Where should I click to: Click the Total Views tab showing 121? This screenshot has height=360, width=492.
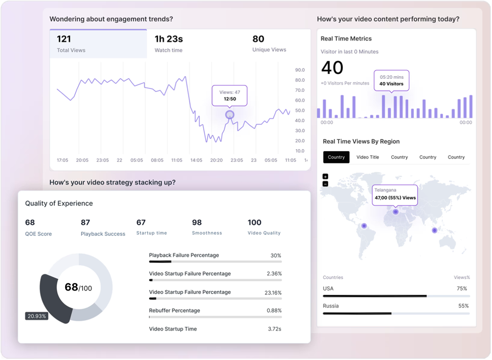coord(98,44)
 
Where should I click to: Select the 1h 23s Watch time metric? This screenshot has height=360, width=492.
coord(169,44)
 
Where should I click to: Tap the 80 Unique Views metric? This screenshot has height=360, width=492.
coord(269,44)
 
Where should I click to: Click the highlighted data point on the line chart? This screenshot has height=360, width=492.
coord(230,114)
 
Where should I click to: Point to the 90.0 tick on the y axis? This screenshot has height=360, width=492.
coord(300,70)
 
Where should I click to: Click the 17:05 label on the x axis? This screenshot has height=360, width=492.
coord(63,160)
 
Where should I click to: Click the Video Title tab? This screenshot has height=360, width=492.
coord(368,157)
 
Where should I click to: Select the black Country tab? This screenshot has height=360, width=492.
coord(336,157)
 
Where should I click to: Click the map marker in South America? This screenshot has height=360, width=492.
coord(364,226)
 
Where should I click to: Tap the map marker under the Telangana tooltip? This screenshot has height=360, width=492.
coord(396,212)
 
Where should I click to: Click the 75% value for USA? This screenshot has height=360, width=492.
coord(462,289)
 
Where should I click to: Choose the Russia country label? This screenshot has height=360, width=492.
coord(331,306)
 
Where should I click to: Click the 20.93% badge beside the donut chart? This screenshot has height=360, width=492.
coord(37,316)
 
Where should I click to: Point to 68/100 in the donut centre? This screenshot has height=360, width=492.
coord(78,287)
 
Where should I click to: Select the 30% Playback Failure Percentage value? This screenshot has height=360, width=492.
coord(276,256)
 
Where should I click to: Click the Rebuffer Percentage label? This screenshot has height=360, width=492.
coord(174,311)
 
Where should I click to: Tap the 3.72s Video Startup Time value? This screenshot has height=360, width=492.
coord(275,329)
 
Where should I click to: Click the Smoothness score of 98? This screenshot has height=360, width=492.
coord(207,227)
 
